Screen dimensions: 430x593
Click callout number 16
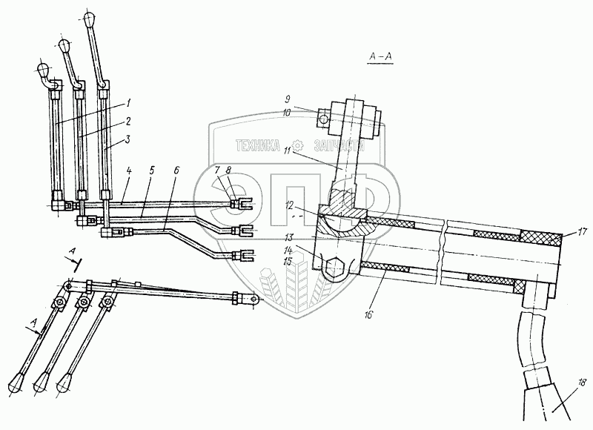(368, 314)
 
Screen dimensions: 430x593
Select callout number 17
(582, 233)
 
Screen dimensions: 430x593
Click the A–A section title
(380, 59)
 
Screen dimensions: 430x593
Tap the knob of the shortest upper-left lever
(42, 71)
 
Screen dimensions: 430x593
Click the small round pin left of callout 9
(324, 116)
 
